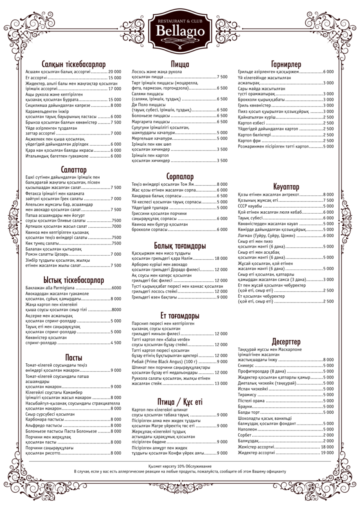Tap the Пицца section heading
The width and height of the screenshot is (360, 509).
click(x=180, y=64)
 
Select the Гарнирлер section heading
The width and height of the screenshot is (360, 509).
click(x=286, y=64)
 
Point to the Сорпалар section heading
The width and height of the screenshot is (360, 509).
click(x=180, y=177)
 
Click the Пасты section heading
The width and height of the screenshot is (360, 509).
click(x=74, y=357)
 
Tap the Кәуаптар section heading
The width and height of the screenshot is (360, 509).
click(x=286, y=187)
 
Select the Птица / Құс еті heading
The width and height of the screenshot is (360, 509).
click(x=180, y=402)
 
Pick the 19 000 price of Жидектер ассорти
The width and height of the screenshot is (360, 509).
click(x=327, y=453)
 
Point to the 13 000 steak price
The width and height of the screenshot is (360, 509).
click(x=221, y=383)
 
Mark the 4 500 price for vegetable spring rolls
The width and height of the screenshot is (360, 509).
click(x=116, y=343)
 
